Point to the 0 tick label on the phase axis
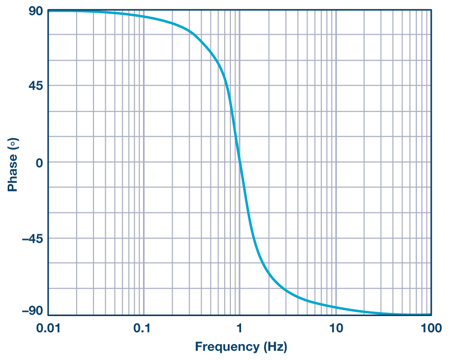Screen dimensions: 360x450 click(x=38, y=162)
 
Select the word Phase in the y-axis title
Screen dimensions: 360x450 click(x=12, y=173)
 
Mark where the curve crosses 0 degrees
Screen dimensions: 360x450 click(x=240, y=162)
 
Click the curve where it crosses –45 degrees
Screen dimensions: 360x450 click(x=254, y=238)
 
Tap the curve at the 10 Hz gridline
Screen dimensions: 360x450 click(x=336, y=307)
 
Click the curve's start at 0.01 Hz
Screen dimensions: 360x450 click(x=49, y=11)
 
